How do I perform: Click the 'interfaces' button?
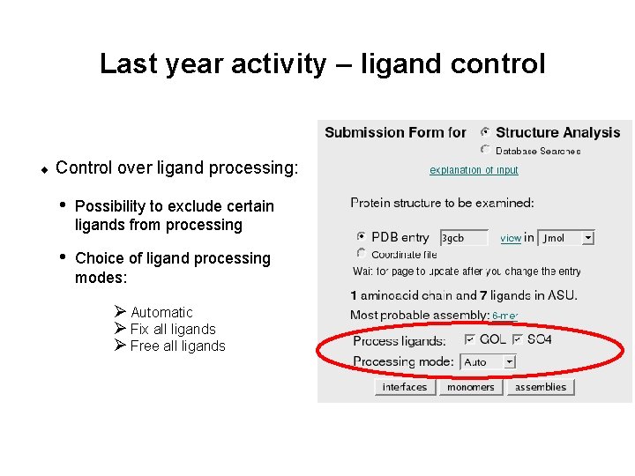click(404, 387)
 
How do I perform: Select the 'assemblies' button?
click(541, 387)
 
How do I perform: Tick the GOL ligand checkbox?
click(470, 339)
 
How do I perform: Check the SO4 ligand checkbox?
click(518, 339)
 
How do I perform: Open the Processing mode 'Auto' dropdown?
click(487, 362)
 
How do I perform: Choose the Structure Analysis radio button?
click(486, 132)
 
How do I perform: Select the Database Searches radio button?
click(486, 150)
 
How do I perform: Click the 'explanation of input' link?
click(474, 170)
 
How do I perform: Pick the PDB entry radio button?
click(361, 237)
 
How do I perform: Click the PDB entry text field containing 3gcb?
click(464, 238)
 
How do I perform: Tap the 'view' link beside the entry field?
click(511, 238)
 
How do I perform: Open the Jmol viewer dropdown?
click(566, 238)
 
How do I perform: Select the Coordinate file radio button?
click(361, 253)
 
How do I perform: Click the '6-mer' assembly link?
click(504, 316)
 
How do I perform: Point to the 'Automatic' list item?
click(161, 312)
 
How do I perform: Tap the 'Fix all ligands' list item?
click(173, 329)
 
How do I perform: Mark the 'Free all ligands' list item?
click(177, 346)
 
